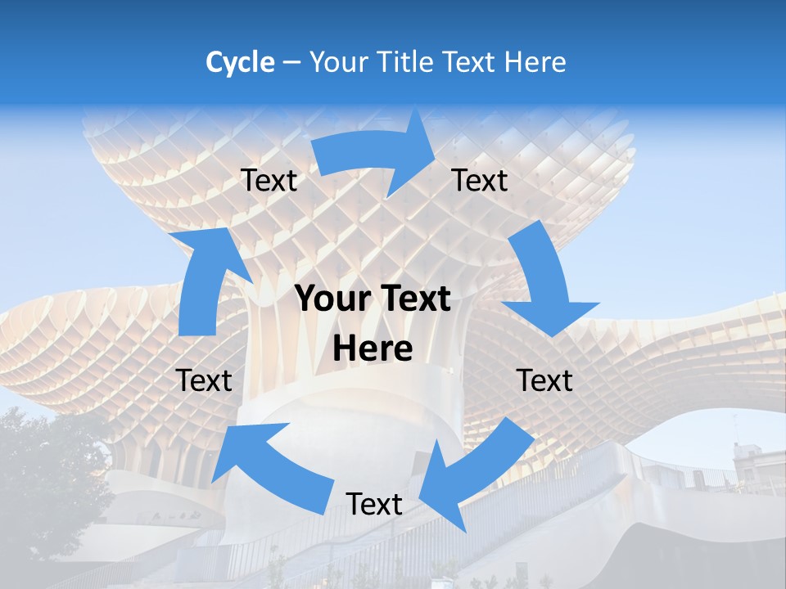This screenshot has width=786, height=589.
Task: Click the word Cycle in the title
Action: point(240,62)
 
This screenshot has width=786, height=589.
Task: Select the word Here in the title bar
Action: point(535,62)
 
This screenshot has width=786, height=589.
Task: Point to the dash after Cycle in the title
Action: point(291,63)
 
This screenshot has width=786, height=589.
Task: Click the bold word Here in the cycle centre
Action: point(373,349)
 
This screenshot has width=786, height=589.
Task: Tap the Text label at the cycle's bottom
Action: point(374,505)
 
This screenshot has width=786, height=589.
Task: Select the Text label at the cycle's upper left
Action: point(269,181)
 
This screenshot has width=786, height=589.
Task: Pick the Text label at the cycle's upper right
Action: point(480,181)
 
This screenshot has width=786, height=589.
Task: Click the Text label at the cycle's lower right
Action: point(544,380)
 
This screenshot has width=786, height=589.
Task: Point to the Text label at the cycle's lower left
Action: point(204,380)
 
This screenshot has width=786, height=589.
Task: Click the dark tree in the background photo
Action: point(41,474)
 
